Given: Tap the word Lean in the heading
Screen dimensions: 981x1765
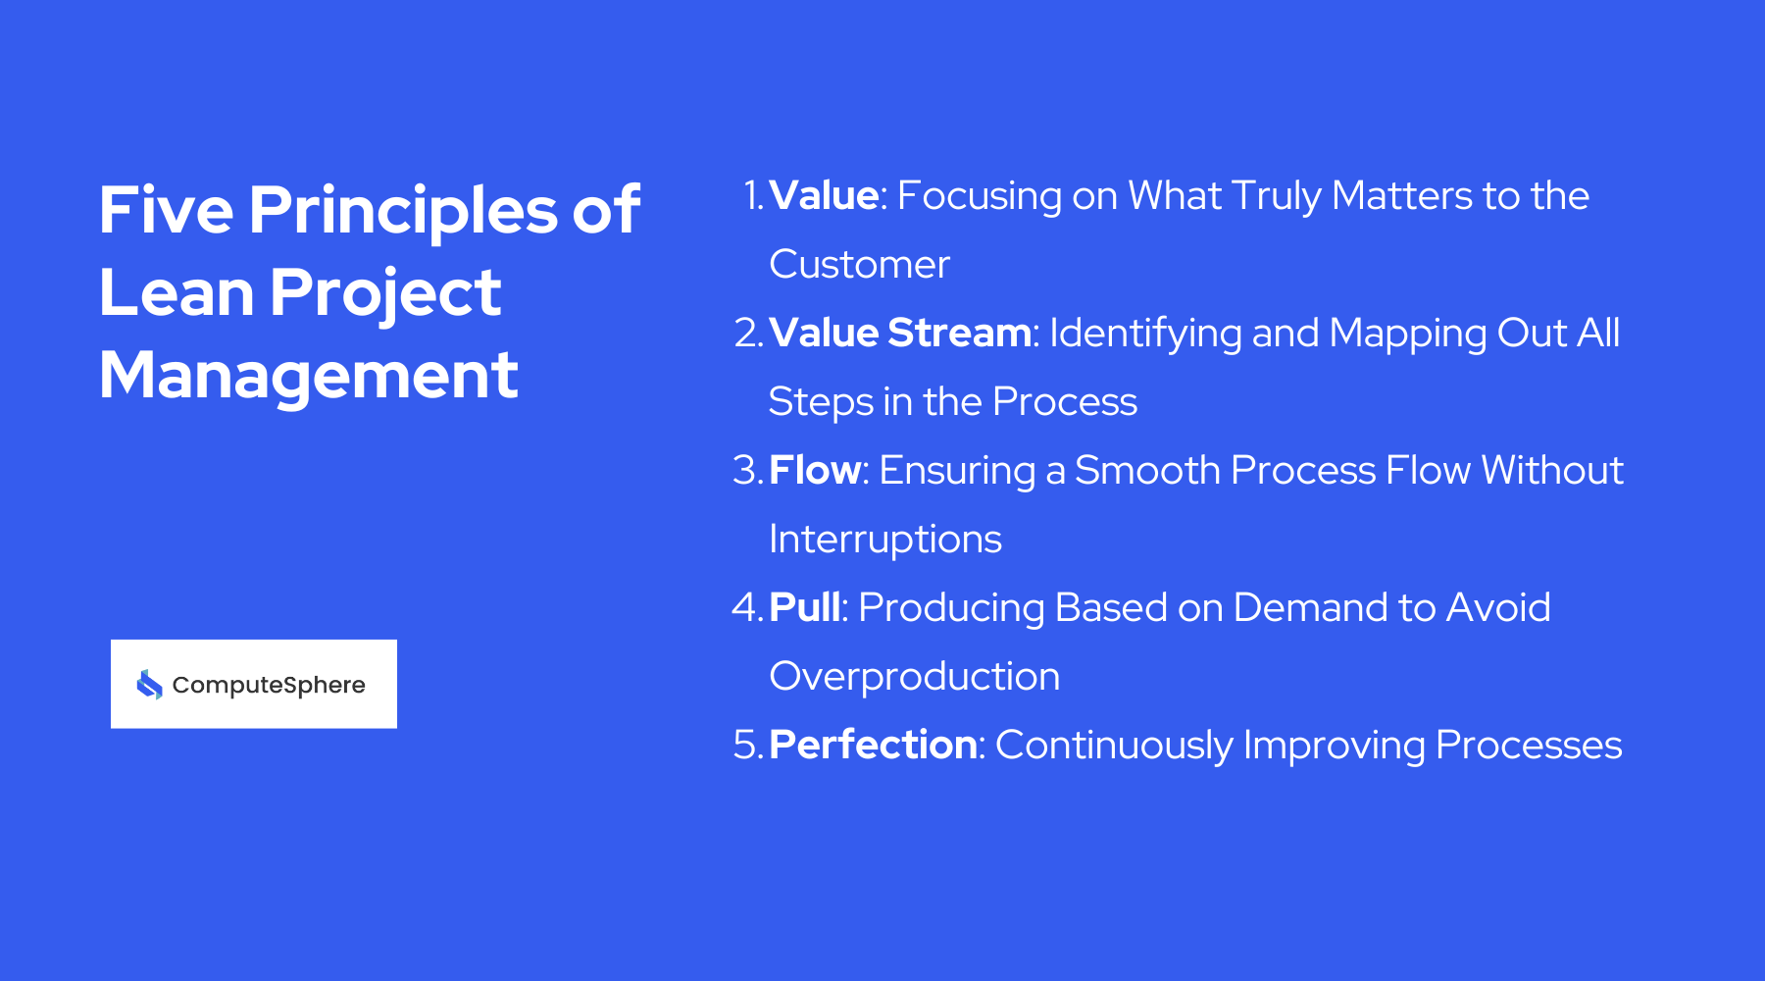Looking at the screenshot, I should tap(176, 292).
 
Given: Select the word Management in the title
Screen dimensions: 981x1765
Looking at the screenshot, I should tap(308, 375).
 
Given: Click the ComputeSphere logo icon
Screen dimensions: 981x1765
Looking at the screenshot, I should tap(149, 684).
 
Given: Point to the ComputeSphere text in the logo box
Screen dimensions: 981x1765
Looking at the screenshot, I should tap(268, 685).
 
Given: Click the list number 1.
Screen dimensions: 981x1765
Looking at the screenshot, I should tap(752, 196).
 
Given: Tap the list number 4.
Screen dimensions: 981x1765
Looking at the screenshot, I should tap(746, 608).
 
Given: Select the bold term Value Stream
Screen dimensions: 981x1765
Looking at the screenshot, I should tap(899, 334).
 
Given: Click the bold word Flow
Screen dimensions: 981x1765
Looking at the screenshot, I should tap(814, 471).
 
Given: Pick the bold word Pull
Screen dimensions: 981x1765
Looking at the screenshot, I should tap(804, 608).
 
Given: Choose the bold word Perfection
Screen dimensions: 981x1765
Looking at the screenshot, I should tap(873, 746).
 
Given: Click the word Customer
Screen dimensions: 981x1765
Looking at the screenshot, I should tap(859, 265).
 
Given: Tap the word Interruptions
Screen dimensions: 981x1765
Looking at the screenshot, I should tap(884, 540).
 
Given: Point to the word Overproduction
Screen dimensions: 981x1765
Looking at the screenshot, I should tap(914, 677).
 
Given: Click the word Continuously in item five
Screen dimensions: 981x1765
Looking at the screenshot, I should tap(1113, 746).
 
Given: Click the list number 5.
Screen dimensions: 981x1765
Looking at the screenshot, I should tap(746, 746).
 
